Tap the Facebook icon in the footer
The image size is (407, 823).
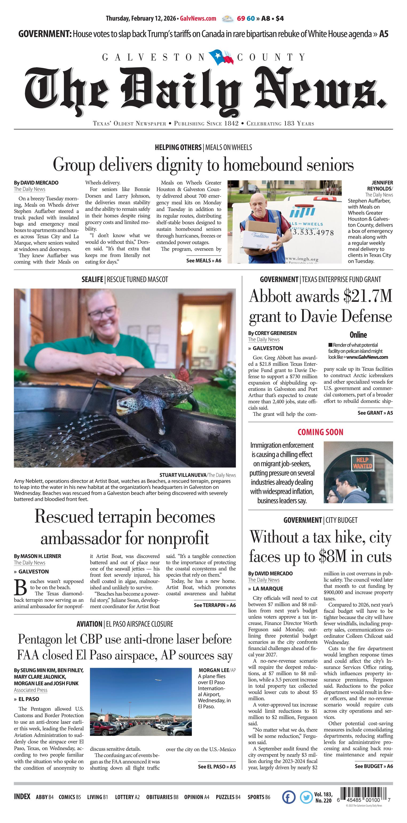pos(289,797)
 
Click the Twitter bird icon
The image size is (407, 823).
pos(306,797)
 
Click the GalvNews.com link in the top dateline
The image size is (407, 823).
pos(198,18)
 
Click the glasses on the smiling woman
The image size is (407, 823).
pos(102,312)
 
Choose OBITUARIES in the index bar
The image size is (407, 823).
pos(162,797)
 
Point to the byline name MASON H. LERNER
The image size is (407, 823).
pos(41,556)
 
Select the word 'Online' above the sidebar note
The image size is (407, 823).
pos(358,335)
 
